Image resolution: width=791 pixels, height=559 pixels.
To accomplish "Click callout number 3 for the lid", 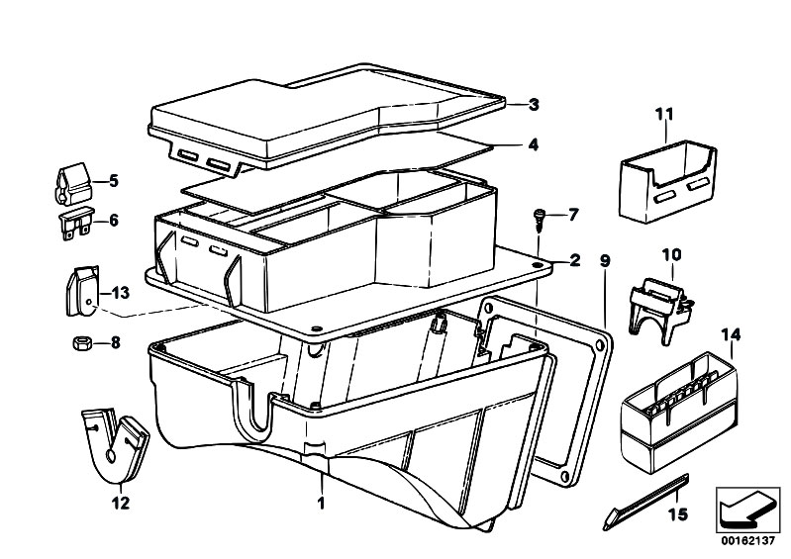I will tap(533, 104).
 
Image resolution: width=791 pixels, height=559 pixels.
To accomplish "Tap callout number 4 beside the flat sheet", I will tap(533, 144).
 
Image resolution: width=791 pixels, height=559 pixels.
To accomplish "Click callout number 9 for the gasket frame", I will tap(604, 262).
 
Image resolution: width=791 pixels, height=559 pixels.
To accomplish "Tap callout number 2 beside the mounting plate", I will tap(573, 261).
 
